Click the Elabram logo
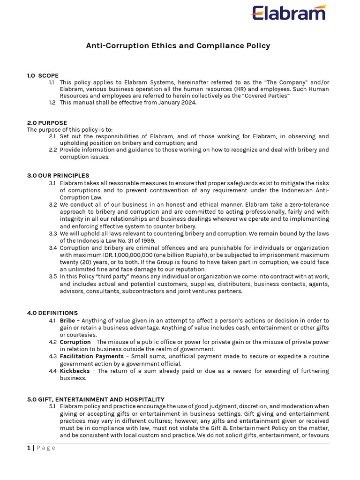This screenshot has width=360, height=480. tap(289, 13)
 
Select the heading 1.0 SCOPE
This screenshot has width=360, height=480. tap(43, 75)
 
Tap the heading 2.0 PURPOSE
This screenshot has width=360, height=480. tap(47, 123)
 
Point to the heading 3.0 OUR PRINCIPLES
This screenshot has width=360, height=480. tap(58, 176)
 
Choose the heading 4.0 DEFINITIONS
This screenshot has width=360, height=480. tap(52, 313)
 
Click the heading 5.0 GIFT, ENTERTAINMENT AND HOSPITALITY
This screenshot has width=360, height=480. tap(96, 399)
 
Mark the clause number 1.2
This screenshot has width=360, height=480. tap(52, 103)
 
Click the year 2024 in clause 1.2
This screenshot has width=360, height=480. tap(188, 103)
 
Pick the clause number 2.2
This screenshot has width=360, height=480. tap(52, 150)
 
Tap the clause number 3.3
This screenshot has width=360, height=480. tap(52, 233)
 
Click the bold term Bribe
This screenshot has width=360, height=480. tap(67, 321)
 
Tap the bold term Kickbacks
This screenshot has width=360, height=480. tap(75, 371)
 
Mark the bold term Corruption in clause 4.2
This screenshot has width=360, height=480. tap(75, 342)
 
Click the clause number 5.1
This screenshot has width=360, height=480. tap(52, 406)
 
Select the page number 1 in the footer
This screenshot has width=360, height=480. tap(29, 448)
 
